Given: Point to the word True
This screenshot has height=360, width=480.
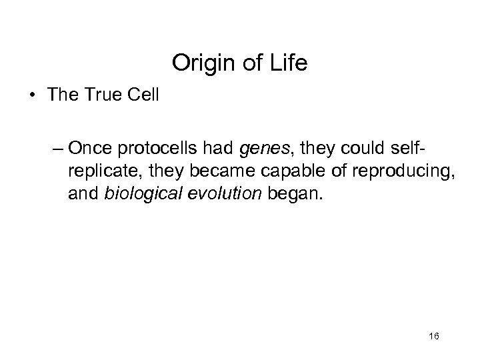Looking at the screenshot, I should pos(103,95).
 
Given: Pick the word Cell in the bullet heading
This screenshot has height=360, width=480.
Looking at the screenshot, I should pos(143,95).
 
